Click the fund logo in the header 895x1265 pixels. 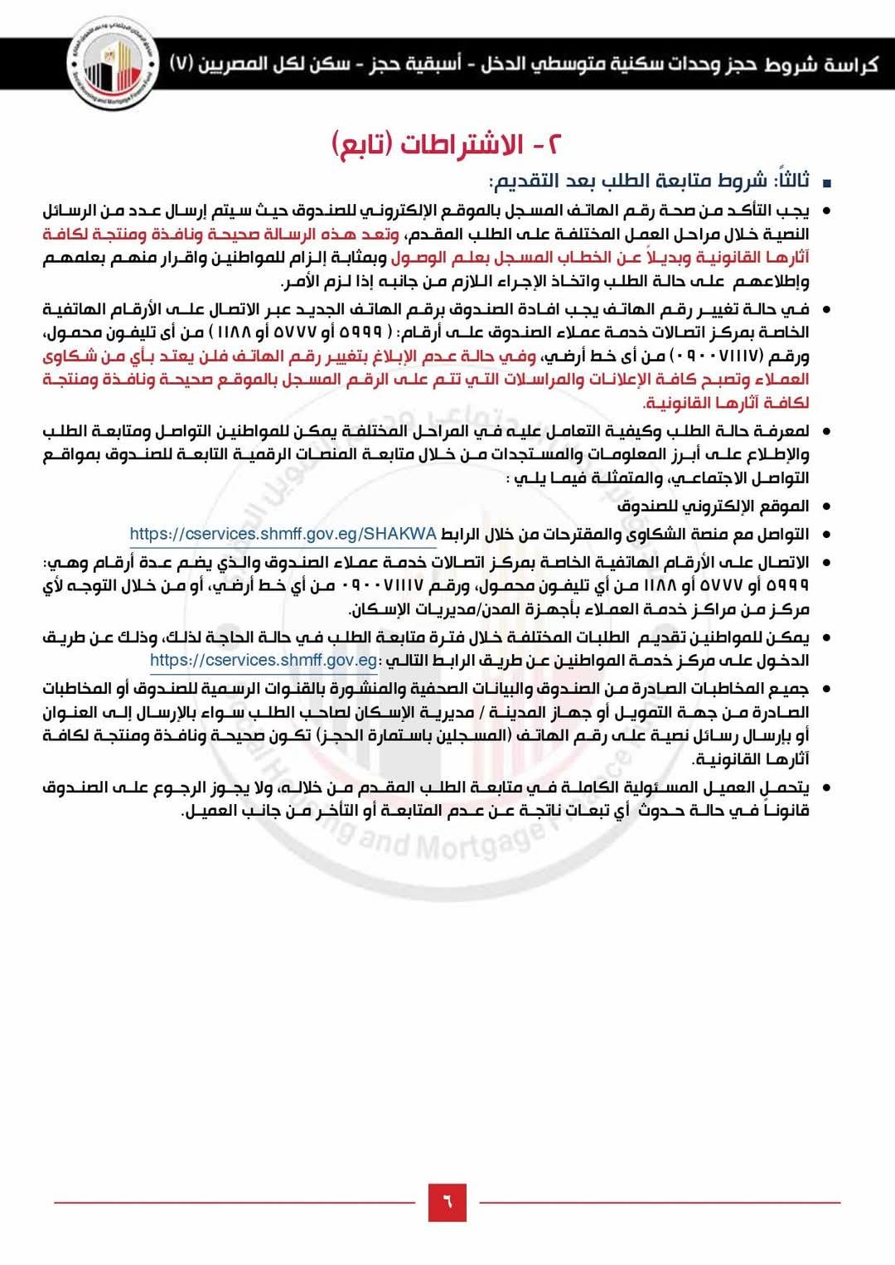coord(111,65)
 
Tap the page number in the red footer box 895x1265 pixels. coord(447,1202)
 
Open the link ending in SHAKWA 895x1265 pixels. coord(283,534)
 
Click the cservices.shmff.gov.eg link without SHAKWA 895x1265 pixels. coord(264,660)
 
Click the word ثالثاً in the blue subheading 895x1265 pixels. coord(791,181)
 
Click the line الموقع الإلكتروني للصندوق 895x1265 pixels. coord(713,506)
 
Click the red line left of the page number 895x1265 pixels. coord(235,1202)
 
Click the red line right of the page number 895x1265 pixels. coord(660,1202)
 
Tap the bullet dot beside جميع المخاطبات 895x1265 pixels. coord(825,689)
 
